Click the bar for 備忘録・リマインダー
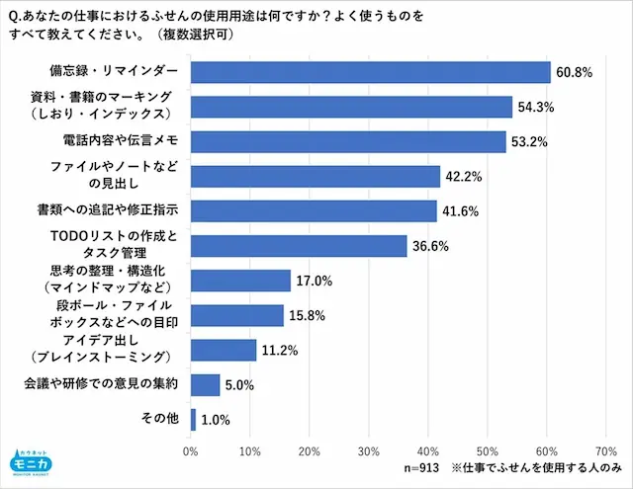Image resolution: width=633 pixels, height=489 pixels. [x=370, y=72]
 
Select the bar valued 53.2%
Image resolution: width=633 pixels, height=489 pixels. [x=348, y=141]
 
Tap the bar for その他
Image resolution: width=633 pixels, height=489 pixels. [x=194, y=419]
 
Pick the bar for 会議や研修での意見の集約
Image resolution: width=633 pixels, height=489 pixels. [x=206, y=384]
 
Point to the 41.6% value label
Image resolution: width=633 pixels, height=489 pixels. [x=460, y=211]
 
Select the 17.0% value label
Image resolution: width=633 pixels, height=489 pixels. [x=314, y=281]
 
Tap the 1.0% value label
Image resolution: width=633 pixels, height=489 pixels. [x=216, y=420]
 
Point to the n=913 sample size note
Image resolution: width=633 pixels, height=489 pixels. [x=423, y=468]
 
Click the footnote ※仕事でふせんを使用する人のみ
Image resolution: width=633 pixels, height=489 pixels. [x=536, y=468]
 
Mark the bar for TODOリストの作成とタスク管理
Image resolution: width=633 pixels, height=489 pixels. [x=299, y=246]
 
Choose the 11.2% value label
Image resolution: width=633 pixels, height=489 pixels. [x=279, y=350]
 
